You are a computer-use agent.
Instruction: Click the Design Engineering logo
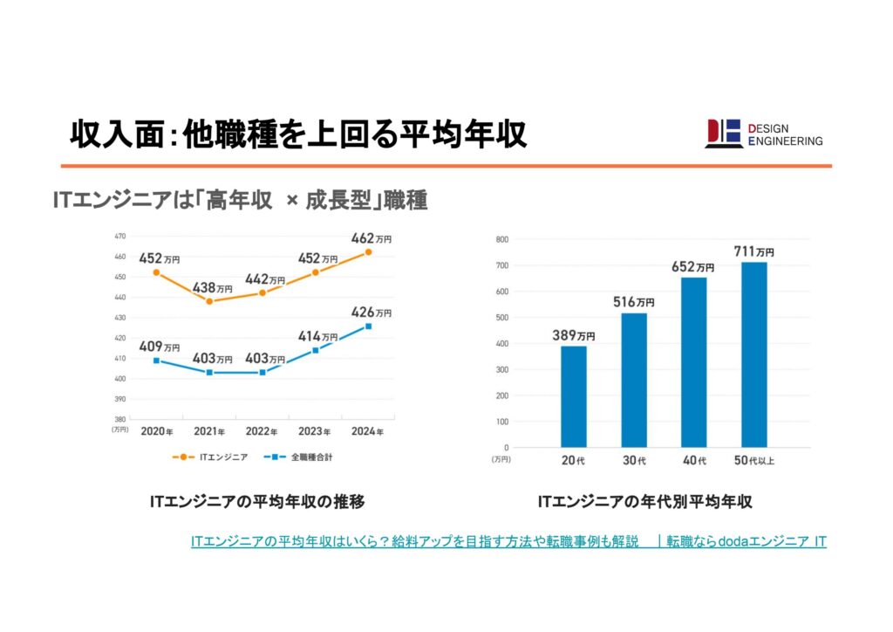point(763,134)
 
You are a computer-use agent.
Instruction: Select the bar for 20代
point(574,396)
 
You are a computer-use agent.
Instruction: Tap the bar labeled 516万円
point(634,380)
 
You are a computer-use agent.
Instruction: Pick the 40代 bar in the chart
point(694,362)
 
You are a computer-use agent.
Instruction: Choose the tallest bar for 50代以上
point(754,354)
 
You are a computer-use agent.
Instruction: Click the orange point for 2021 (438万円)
point(209,301)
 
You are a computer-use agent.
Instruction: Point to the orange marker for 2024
point(368,252)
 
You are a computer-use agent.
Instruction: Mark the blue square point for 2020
point(156,361)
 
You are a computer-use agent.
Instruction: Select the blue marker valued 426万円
point(368,326)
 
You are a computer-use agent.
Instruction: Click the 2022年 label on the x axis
point(263,431)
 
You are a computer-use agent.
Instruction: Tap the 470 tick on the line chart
point(120,237)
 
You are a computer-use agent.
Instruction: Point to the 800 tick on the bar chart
point(501,238)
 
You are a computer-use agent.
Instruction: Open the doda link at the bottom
point(508,542)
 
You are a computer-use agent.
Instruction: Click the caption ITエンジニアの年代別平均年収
point(644,502)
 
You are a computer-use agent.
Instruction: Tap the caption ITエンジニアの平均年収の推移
point(257,502)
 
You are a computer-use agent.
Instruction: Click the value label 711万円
point(753,251)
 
